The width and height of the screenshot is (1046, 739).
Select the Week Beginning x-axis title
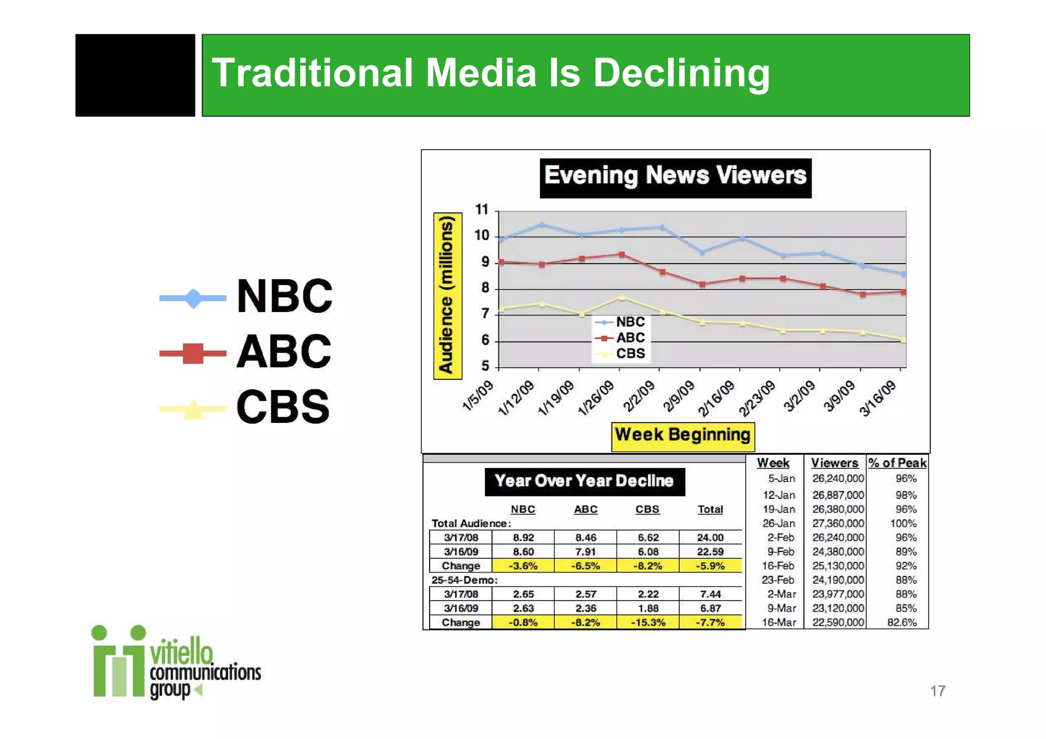(682, 436)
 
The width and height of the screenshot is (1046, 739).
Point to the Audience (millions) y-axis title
(447, 296)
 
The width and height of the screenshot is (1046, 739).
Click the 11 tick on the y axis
(482, 210)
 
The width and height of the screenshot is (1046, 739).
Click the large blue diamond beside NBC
(193, 298)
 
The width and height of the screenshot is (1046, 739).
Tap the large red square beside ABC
(193, 353)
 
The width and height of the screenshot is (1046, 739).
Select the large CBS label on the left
(283, 407)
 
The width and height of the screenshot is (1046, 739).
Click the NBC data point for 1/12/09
(542, 225)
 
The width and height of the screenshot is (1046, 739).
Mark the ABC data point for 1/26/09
(622, 254)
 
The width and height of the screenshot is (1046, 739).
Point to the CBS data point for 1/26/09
(622, 297)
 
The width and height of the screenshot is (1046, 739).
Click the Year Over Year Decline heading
(584, 481)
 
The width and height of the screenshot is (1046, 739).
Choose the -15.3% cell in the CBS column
(648, 623)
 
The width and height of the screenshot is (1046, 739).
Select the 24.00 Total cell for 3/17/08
(710, 537)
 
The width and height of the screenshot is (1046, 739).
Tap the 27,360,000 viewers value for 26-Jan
(838, 523)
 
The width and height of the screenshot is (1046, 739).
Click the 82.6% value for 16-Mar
(902, 623)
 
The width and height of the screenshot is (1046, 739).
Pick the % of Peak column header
(897, 463)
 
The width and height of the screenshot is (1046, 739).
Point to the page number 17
(938, 691)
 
